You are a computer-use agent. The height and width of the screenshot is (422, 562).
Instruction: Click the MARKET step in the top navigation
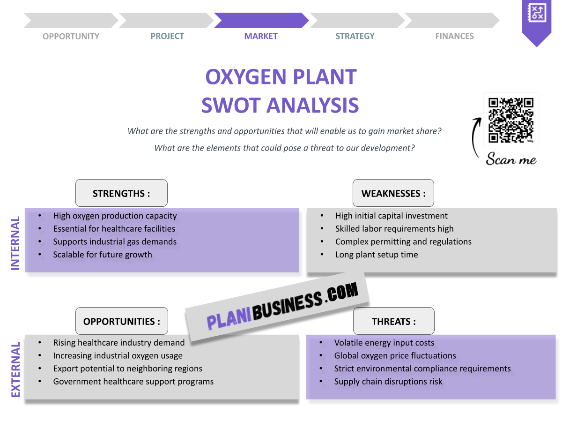(x=261, y=36)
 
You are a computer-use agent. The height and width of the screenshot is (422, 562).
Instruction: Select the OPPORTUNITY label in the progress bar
(x=71, y=36)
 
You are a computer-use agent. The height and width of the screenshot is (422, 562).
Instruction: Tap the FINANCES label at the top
(x=454, y=36)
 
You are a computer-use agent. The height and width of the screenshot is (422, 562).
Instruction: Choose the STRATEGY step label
(x=355, y=36)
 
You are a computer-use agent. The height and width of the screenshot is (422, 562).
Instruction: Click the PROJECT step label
(x=167, y=36)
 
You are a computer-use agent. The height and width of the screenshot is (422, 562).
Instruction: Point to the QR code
(x=511, y=120)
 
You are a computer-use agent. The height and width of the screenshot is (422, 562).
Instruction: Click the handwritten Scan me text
(x=511, y=159)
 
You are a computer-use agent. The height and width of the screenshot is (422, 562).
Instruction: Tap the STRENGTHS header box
(x=121, y=193)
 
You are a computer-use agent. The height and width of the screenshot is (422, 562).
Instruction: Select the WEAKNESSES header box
(x=393, y=193)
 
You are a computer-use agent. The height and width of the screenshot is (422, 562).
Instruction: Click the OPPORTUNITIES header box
(x=121, y=321)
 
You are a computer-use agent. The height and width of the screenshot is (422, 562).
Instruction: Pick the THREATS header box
(x=393, y=321)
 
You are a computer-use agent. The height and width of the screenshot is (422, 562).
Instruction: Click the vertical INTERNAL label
(x=15, y=243)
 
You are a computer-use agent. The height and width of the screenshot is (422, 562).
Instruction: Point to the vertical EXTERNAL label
(x=15, y=370)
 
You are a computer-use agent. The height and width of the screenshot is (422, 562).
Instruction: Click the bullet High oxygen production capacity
(x=115, y=216)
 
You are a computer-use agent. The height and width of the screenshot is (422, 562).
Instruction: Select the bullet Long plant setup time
(x=377, y=255)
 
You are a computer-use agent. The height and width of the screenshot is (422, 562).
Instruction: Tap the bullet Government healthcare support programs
(x=133, y=382)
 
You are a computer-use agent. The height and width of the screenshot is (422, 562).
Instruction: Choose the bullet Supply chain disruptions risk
(x=388, y=382)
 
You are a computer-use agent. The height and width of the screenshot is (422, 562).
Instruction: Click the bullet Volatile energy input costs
(x=384, y=343)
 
